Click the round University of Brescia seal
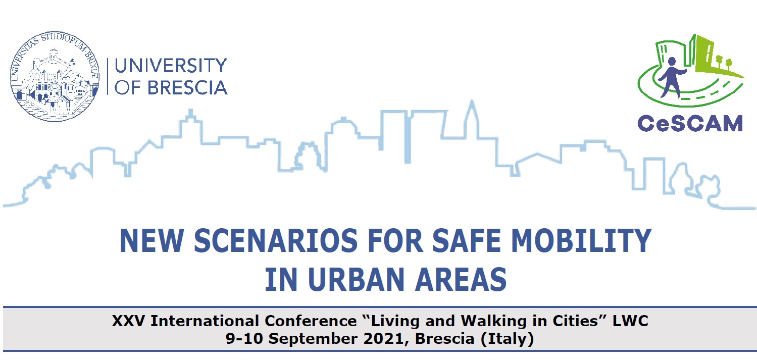pyautogui.click(x=55, y=77)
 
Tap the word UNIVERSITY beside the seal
pyautogui.click(x=171, y=66)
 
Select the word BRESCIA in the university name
pyautogui.click(x=187, y=88)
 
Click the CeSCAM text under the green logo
pyautogui.click(x=690, y=123)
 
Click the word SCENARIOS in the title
pyautogui.click(x=276, y=241)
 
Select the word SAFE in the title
pyautogui.click(x=468, y=241)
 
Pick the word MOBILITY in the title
pyautogui.click(x=581, y=241)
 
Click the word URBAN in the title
pyautogui.click(x=356, y=280)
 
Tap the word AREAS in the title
pyautogui.click(x=461, y=280)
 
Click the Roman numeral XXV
pyautogui.click(x=128, y=321)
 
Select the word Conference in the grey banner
pyautogui.click(x=311, y=321)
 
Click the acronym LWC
pyautogui.click(x=630, y=321)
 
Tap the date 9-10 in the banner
pyautogui.click(x=244, y=339)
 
